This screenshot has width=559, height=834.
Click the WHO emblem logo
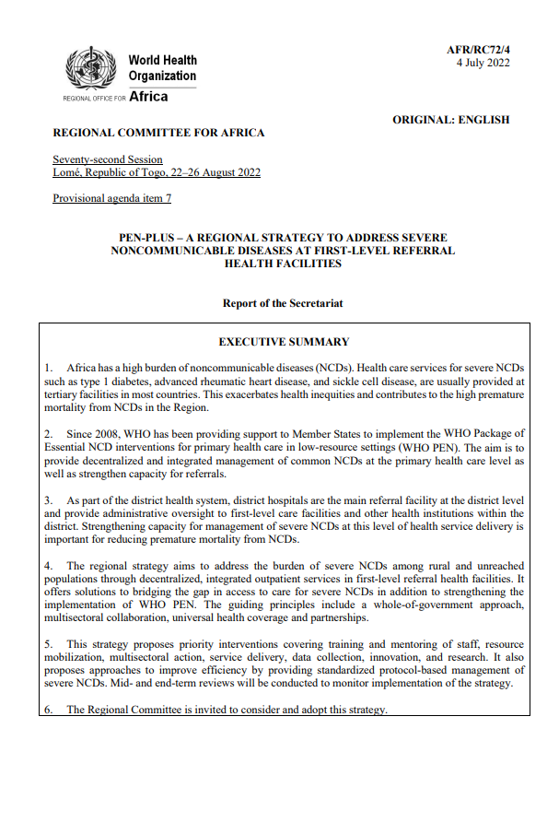click(x=90, y=67)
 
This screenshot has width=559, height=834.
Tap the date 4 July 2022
click(x=483, y=63)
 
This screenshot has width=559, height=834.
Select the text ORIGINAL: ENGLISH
click(x=450, y=119)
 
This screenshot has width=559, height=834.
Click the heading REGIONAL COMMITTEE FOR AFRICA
click(x=158, y=133)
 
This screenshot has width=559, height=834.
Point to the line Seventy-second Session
click(x=108, y=159)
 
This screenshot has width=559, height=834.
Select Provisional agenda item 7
click(x=111, y=198)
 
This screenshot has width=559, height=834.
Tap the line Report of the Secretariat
click(x=283, y=302)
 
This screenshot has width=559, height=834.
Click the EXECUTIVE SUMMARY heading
click(x=283, y=342)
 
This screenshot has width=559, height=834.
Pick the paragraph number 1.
click(x=48, y=368)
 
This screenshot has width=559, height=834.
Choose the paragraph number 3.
click(x=48, y=499)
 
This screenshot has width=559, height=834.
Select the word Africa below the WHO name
click(x=149, y=96)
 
